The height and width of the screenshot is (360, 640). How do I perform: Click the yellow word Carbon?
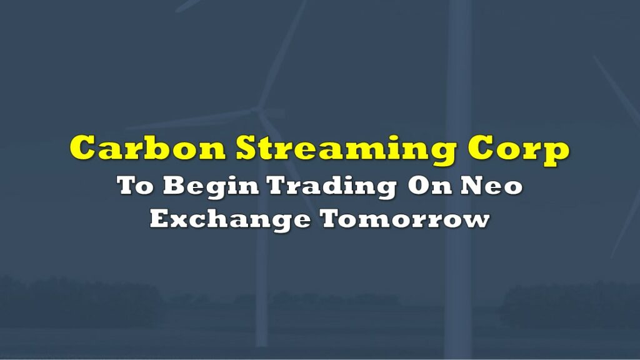point(147,147)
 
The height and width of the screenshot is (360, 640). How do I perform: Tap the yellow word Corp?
point(518,150)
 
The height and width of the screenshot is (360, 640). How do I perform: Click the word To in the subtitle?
point(135,185)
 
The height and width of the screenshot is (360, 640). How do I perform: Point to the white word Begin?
point(211,187)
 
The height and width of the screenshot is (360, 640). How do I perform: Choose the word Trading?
point(332,187)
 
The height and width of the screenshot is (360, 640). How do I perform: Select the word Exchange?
point(230,220)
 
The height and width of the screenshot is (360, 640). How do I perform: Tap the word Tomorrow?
point(405,219)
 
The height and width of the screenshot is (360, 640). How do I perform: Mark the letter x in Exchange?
point(182,222)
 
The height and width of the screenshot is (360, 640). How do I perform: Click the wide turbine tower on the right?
point(459,179)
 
